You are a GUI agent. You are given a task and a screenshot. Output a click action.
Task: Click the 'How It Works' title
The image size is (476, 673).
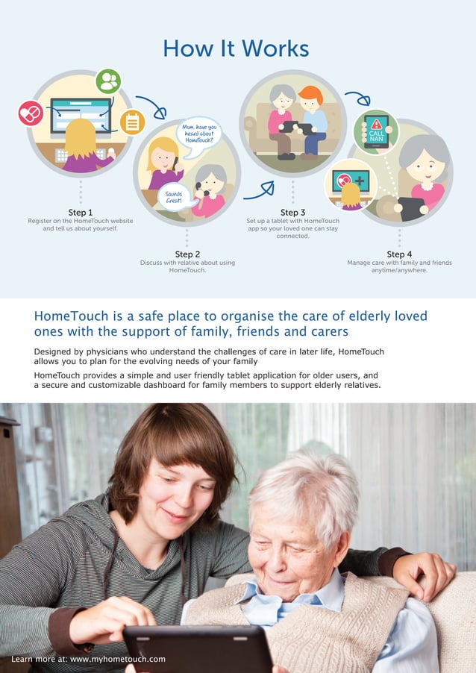pyautogui.click(x=236, y=49)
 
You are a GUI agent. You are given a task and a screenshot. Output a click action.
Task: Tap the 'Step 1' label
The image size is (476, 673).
pyautogui.click(x=81, y=213)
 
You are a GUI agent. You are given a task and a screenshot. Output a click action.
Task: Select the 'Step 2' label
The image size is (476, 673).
pyautogui.click(x=187, y=254)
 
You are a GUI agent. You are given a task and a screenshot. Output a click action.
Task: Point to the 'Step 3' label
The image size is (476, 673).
pyautogui.click(x=292, y=213)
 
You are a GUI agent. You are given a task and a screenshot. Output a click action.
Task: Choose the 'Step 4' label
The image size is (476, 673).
pyautogui.click(x=399, y=254)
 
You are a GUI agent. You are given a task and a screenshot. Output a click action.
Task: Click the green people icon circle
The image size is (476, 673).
pyautogui.click(x=108, y=81)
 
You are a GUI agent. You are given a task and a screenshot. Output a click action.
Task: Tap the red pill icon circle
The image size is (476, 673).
pyautogui.click(x=31, y=113)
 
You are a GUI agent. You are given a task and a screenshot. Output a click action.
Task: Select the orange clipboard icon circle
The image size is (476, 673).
pyautogui.click(x=132, y=122)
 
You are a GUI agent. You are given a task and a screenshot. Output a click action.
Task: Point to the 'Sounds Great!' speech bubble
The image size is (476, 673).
pyautogui.click(x=174, y=197)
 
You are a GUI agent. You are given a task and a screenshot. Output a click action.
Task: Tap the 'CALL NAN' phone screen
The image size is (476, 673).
pyautogui.click(x=376, y=131)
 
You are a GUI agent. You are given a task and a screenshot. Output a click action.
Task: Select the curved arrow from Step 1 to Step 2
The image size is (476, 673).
pyautogui.click(x=151, y=107)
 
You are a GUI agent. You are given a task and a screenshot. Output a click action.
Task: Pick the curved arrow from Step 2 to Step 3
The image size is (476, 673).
pyautogui.click(x=258, y=191)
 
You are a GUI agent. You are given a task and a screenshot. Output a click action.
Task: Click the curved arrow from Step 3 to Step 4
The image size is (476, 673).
pyautogui.click(x=357, y=97)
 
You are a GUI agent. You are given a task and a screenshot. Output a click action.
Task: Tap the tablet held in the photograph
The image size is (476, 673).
pyautogui.click(x=197, y=648)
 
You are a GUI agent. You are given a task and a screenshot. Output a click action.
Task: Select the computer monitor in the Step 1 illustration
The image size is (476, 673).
pyautogui.click(x=81, y=116)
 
